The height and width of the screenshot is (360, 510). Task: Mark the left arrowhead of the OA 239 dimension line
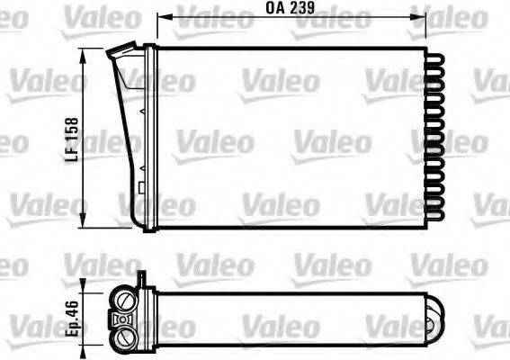(x=162, y=16)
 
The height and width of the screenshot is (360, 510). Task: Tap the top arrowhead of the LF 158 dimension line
(x=84, y=53)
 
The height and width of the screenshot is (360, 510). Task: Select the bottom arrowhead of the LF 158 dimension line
(x=84, y=225)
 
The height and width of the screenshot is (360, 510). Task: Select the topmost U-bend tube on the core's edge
(x=438, y=56)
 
